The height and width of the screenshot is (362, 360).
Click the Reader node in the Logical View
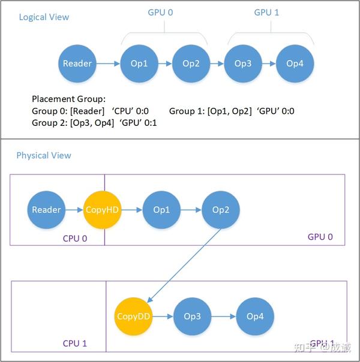pos(77,64)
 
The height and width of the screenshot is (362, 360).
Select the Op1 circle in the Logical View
pos(139,64)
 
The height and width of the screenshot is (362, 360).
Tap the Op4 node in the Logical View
pos(295,64)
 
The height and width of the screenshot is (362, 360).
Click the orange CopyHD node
pos(103,210)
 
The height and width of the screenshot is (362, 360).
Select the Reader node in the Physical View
pos(46,210)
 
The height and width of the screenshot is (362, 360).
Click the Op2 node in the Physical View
pos(221,210)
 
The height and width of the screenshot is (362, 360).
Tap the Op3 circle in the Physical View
pos(192,316)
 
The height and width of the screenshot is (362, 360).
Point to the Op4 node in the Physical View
pos(255,316)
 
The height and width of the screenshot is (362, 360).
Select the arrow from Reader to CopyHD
pos(74,210)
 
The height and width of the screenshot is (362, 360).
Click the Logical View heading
pos(44,17)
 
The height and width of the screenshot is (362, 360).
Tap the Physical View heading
pos(44,155)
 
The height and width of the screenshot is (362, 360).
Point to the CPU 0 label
pos(75,238)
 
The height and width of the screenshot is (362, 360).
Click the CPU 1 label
pos(75,343)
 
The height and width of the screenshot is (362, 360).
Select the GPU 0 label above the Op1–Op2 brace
pos(160,13)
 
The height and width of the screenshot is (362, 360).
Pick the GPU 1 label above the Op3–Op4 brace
pos(267,13)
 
